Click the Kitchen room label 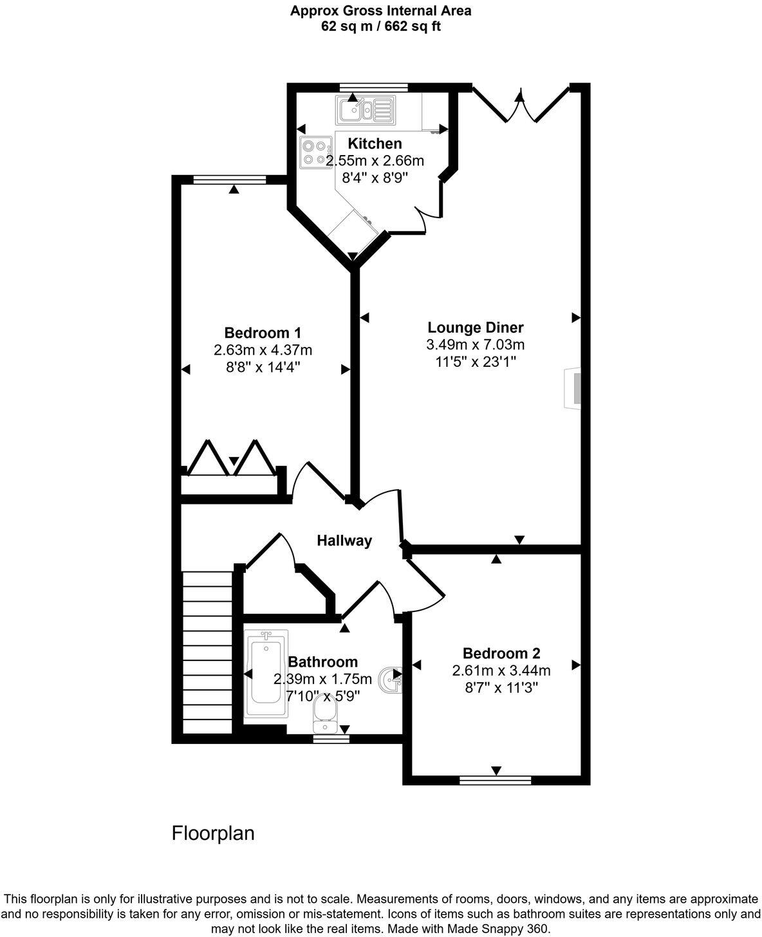(x=375, y=144)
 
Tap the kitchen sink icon (x=365, y=110)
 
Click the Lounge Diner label (x=476, y=328)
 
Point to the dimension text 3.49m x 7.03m (x=476, y=344)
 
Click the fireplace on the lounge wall (x=573, y=388)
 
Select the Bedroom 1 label (x=263, y=333)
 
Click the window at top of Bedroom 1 (x=230, y=180)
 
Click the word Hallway (x=344, y=541)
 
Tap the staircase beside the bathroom (x=207, y=653)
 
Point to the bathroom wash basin (x=391, y=680)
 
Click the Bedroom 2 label (x=501, y=653)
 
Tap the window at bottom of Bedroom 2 (x=496, y=781)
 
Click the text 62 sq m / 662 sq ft (x=380, y=26)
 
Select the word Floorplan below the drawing (x=213, y=833)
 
